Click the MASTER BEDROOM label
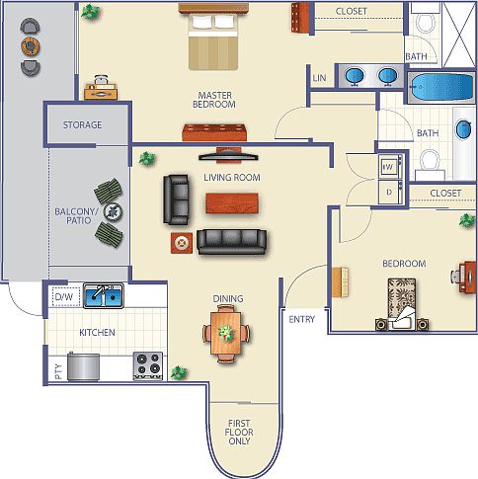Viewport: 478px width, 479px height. click(x=212, y=101)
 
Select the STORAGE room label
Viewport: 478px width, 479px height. click(x=83, y=125)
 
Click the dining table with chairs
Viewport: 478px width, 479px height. click(x=227, y=333)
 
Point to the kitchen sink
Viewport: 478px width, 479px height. click(x=103, y=295)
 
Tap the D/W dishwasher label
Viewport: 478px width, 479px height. click(x=63, y=295)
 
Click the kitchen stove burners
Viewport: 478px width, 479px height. click(x=149, y=365)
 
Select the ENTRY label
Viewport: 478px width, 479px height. click(x=302, y=319)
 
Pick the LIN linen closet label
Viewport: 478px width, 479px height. click(x=319, y=78)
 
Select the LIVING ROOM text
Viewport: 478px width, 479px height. click(x=232, y=178)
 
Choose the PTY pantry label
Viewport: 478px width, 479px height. click(x=58, y=372)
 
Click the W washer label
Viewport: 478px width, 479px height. click(x=389, y=166)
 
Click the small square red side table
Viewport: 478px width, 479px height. click(x=181, y=243)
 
